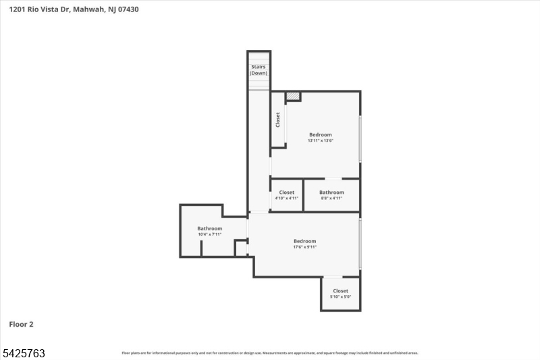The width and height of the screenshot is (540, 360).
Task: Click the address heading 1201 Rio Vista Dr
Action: [74, 9]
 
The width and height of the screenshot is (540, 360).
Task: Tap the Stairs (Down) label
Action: [259, 70]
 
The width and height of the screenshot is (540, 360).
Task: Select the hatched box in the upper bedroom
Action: [292, 97]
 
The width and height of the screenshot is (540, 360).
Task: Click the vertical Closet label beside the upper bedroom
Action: [277, 120]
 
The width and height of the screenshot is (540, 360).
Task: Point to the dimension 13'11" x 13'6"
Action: [321, 141]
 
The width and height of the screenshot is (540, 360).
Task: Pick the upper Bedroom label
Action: [321, 134]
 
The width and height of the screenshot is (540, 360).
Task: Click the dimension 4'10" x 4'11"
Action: [287, 199]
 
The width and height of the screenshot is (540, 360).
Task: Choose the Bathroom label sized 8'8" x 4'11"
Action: [331, 192]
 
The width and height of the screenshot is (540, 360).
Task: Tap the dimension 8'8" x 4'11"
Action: [331, 199]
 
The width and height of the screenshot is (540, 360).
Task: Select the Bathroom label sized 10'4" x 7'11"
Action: [210, 228]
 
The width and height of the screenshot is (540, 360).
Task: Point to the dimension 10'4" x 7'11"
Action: [210, 234]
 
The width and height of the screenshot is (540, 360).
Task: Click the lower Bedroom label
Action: [304, 241]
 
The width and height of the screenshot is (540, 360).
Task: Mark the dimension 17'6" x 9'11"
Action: [304, 247]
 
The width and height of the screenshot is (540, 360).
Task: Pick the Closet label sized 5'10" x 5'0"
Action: [340, 291]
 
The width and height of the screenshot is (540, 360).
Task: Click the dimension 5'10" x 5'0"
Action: [340, 297]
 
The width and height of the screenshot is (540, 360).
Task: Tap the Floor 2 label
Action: [21, 324]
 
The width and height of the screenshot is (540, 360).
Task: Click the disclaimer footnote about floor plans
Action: [270, 353]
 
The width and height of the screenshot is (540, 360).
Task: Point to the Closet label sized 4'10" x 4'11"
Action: [287, 192]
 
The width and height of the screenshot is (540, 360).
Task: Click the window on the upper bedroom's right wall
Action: [360, 138]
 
